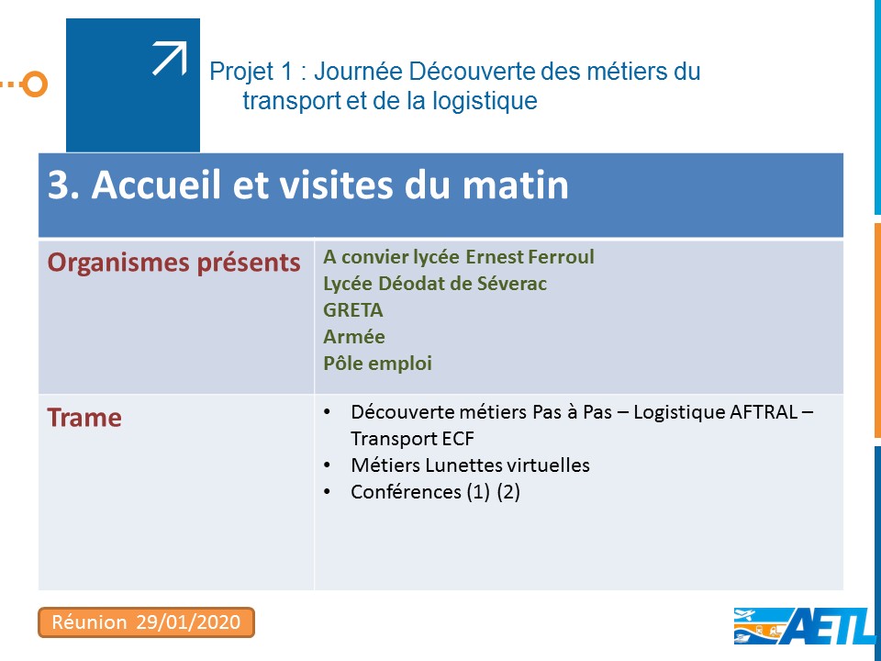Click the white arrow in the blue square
(170, 59)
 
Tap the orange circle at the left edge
(35, 84)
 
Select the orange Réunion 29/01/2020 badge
(146, 622)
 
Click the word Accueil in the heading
(155, 185)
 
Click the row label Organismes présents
(173, 263)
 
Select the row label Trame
(84, 418)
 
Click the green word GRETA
(352, 310)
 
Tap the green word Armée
(354, 337)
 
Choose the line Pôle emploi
(377, 364)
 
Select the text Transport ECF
(412, 439)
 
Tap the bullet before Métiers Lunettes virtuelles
(327, 465)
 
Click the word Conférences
(406, 492)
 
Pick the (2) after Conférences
(508, 492)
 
